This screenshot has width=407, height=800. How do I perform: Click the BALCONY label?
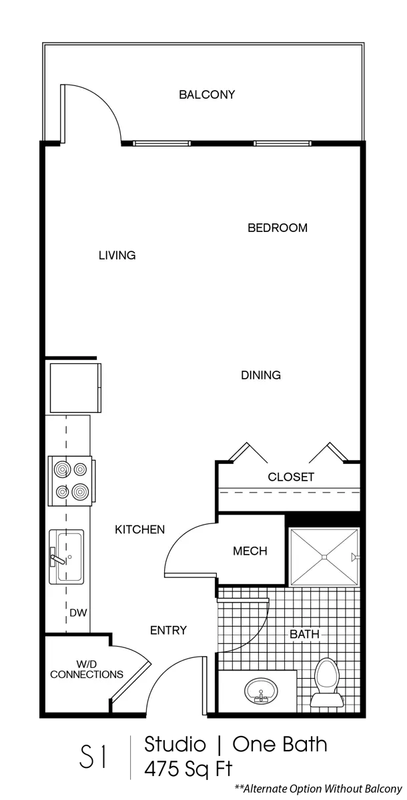click(207, 95)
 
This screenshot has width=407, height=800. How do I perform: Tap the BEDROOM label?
click(278, 228)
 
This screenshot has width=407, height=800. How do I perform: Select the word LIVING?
click(117, 255)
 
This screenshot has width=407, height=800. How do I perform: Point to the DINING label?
click(261, 375)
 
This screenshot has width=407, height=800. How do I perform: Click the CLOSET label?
click(291, 477)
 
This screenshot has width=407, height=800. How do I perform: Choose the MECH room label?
click(250, 551)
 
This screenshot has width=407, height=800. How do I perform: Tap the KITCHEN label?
click(139, 529)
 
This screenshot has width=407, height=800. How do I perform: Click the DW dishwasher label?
click(78, 613)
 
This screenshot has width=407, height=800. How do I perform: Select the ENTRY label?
click(168, 631)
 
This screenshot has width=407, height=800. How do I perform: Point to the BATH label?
click(304, 634)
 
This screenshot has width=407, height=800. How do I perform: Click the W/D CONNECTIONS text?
click(87, 669)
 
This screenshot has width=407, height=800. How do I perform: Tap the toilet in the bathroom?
click(327, 683)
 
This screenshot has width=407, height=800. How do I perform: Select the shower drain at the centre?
click(324, 557)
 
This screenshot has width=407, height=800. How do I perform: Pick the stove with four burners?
click(71, 481)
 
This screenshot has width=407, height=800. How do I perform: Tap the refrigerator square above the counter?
click(75, 388)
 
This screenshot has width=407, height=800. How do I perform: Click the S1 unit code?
click(93, 756)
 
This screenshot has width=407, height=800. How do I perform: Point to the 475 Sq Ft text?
click(188, 768)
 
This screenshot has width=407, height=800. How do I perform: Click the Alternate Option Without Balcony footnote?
click(318, 789)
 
